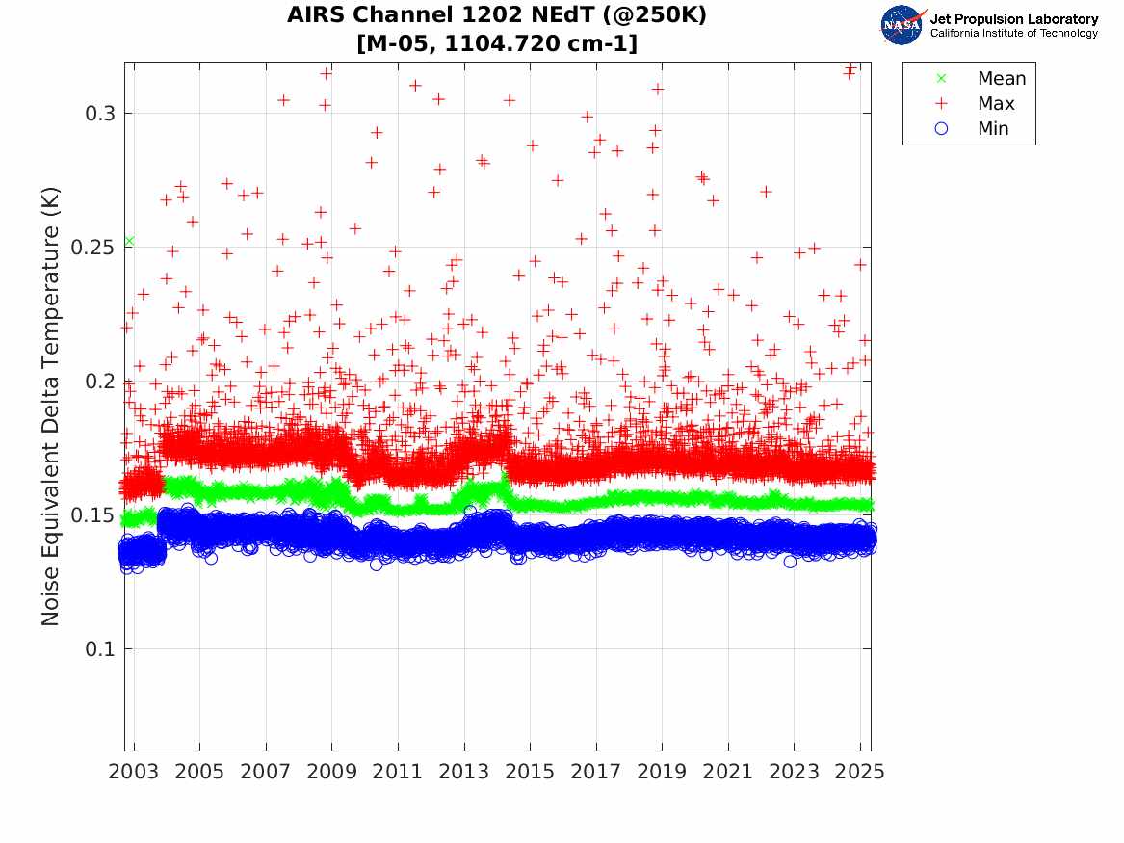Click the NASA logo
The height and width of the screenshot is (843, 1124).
click(x=902, y=24)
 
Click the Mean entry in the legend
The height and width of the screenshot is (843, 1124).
click(x=1001, y=79)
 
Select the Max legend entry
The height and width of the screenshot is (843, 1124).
click(x=995, y=104)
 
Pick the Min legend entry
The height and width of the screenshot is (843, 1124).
click(x=993, y=129)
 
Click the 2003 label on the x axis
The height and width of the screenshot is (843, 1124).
click(x=134, y=772)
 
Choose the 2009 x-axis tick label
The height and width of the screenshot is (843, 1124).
click(x=332, y=772)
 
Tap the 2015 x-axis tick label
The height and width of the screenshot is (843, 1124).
click(x=530, y=772)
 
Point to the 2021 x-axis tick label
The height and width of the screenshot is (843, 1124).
click(x=728, y=772)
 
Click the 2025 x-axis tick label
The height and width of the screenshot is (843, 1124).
click(x=860, y=772)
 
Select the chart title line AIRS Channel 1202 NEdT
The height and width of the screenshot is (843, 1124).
click(x=497, y=16)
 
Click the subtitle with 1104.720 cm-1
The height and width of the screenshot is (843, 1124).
click(x=497, y=43)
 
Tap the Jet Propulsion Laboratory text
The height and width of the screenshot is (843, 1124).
click(x=1014, y=18)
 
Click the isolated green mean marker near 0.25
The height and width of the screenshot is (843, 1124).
click(x=129, y=241)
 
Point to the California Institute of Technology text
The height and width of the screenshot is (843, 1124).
click(x=1014, y=33)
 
